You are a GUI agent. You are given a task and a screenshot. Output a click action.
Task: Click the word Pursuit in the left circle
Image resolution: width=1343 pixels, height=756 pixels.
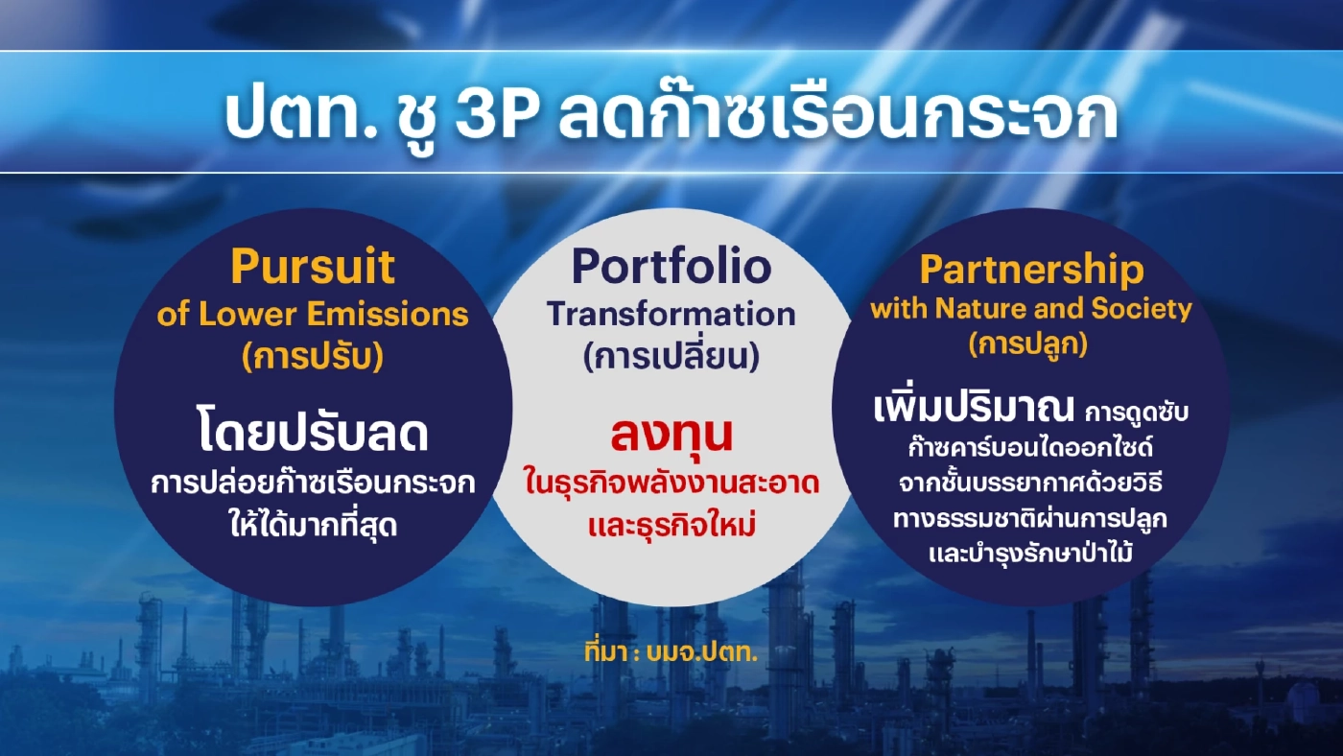[x=313, y=268]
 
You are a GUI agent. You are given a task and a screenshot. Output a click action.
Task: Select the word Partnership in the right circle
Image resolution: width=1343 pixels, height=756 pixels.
[x=1031, y=271]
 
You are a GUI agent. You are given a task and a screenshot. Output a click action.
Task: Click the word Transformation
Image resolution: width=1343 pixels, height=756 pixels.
[x=671, y=314]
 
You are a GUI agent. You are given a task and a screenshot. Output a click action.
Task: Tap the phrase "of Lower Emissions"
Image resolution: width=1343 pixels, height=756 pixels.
[x=313, y=314]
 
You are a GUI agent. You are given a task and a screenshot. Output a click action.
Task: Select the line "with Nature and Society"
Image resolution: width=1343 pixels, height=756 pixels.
[x=1031, y=309]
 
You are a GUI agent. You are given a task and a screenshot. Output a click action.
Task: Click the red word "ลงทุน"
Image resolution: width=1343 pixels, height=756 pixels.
[x=671, y=434]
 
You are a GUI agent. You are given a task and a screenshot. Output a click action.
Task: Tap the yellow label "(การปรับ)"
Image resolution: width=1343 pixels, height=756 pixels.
[x=313, y=356]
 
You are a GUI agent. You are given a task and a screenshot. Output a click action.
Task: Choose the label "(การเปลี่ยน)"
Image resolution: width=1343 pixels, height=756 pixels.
[x=671, y=357]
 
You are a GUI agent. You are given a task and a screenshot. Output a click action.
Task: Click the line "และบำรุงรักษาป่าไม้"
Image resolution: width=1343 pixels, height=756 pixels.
[x=1030, y=553]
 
